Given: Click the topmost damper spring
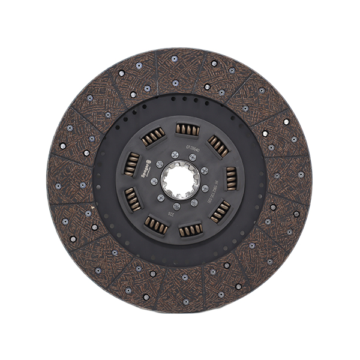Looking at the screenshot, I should [x=184, y=129].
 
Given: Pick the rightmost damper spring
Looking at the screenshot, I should [x=230, y=178].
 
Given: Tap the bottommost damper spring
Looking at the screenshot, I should [x=190, y=229].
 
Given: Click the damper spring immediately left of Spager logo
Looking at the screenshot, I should [x=131, y=163].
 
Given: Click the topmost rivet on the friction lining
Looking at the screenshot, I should [x=175, y=59].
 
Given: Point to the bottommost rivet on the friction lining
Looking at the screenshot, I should [x=186, y=301].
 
